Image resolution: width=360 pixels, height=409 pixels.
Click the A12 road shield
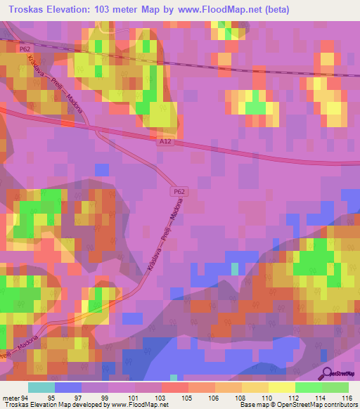165,141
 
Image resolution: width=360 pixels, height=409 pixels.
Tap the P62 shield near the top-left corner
26,48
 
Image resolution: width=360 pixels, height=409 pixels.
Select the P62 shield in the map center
178,191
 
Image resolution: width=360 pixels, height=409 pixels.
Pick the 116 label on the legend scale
348,397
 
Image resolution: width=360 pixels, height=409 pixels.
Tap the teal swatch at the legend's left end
41,387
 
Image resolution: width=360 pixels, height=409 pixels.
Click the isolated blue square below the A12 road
102,169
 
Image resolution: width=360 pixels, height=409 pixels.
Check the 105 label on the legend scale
175,397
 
